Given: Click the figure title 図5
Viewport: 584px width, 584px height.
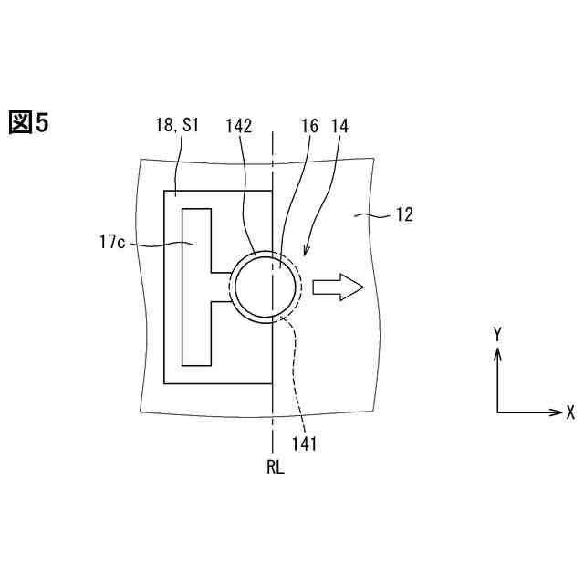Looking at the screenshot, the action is click(x=28, y=122).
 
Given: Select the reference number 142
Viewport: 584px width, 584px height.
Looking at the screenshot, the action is click(x=238, y=128).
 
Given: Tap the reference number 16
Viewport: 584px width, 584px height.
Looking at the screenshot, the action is click(x=309, y=128).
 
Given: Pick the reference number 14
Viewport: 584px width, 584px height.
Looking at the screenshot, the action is click(x=339, y=128).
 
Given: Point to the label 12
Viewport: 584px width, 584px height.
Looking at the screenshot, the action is click(x=403, y=215).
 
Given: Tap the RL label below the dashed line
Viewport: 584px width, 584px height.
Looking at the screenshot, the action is click(x=276, y=468).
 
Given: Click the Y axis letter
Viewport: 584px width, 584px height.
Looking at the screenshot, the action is click(x=497, y=335).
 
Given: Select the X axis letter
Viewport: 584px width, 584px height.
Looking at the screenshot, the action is click(x=570, y=412).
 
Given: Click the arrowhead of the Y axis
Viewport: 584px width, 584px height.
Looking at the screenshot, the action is click(x=497, y=352).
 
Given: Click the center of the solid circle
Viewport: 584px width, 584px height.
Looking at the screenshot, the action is click(x=266, y=287).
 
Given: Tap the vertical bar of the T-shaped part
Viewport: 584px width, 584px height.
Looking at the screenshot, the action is click(x=196, y=287).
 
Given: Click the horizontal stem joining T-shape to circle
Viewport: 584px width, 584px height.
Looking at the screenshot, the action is click(x=222, y=287).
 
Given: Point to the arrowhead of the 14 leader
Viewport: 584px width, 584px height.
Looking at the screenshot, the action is click(x=307, y=255).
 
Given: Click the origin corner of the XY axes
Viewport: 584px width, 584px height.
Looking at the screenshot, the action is click(x=497, y=412).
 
